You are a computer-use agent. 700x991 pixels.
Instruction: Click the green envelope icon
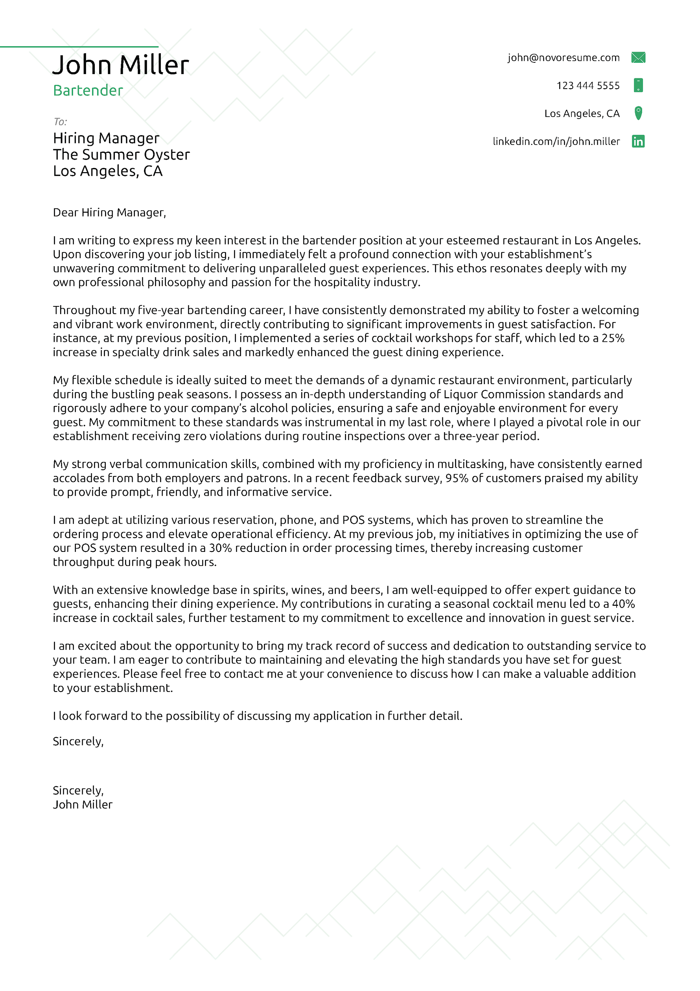pyautogui.click(x=638, y=57)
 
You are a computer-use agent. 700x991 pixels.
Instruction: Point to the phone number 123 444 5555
pyautogui.click(x=588, y=85)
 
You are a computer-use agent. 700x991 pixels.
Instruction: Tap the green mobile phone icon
pyautogui.click(x=638, y=85)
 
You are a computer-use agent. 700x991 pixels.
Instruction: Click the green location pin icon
pyautogui.click(x=638, y=113)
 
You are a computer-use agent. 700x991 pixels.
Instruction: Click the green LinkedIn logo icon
pyautogui.click(x=638, y=141)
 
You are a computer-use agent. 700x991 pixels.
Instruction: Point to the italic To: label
pyautogui.click(x=60, y=122)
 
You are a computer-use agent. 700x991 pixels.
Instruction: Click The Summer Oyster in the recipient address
pyautogui.click(x=121, y=155)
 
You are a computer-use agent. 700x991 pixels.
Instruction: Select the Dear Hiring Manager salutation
pyautogui.click(x=109, y=212)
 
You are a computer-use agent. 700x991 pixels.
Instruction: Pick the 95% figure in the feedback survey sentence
pyautogui.click(x=456, y=478)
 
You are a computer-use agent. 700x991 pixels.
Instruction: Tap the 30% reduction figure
pyautogui.click(x=220, y=548)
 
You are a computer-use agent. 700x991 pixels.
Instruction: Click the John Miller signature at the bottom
pyautogui.click(x=82, y=805)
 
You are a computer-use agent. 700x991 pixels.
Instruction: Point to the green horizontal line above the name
pyautogui.click(x=79, y=47)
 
